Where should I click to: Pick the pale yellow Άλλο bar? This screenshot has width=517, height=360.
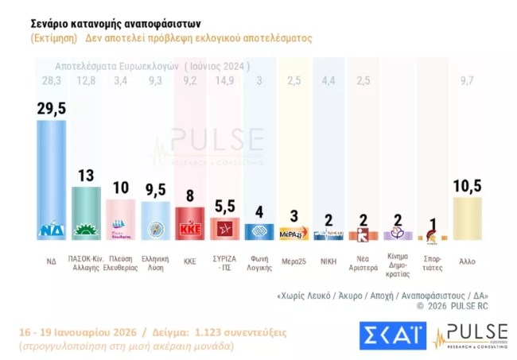467,219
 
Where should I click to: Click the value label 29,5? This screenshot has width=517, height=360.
52,109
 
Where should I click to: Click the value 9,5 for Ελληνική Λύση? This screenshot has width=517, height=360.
156,190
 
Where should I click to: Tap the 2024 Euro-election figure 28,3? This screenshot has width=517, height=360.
52,79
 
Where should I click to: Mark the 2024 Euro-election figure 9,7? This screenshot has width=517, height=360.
467,79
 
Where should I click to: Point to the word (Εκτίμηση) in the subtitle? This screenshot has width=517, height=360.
54,38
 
